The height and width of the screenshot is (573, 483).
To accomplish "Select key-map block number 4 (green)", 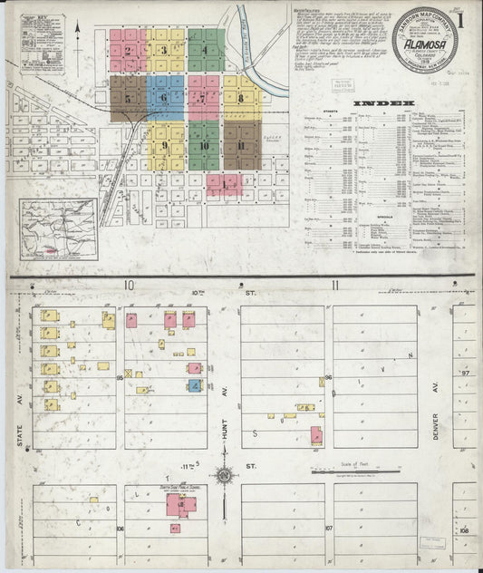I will tap(206, 50).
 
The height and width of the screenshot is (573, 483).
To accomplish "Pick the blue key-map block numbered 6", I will tap(165, 97).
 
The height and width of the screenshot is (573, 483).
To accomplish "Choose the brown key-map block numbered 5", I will tap(129, 98).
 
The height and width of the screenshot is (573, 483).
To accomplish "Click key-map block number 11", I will tap(241, 146).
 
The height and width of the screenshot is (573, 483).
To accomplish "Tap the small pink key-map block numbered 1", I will tap(223, 184).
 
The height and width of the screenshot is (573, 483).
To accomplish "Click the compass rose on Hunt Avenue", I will tap(223, 474).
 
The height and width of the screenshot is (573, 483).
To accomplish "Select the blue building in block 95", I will tap(194, 386).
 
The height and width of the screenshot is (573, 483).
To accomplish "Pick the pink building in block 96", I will tap(315, 436).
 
